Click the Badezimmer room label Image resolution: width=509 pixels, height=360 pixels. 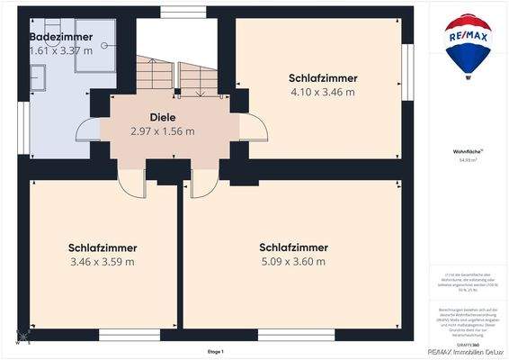point(60,37)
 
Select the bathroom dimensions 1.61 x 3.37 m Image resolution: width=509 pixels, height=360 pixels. point(60,51)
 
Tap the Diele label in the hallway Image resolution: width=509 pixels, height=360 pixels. point(162,117)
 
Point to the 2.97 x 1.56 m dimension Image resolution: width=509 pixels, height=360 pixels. point(162,131)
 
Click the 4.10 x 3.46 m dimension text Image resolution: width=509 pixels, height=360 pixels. point(322,92)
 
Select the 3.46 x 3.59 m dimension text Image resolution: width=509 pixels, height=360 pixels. point(102,262)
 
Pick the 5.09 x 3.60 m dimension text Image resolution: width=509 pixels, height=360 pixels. point(293,262)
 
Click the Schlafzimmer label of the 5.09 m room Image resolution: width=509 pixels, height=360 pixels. point(293,247)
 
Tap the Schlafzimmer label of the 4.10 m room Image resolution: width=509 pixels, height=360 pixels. point(322,77)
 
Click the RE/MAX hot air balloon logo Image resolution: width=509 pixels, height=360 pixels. point(468,44)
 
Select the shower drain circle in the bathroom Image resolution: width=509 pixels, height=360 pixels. point(104,45)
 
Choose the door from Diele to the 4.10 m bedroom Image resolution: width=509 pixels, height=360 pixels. point(253,127)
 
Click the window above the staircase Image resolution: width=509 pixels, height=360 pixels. point(176,12)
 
